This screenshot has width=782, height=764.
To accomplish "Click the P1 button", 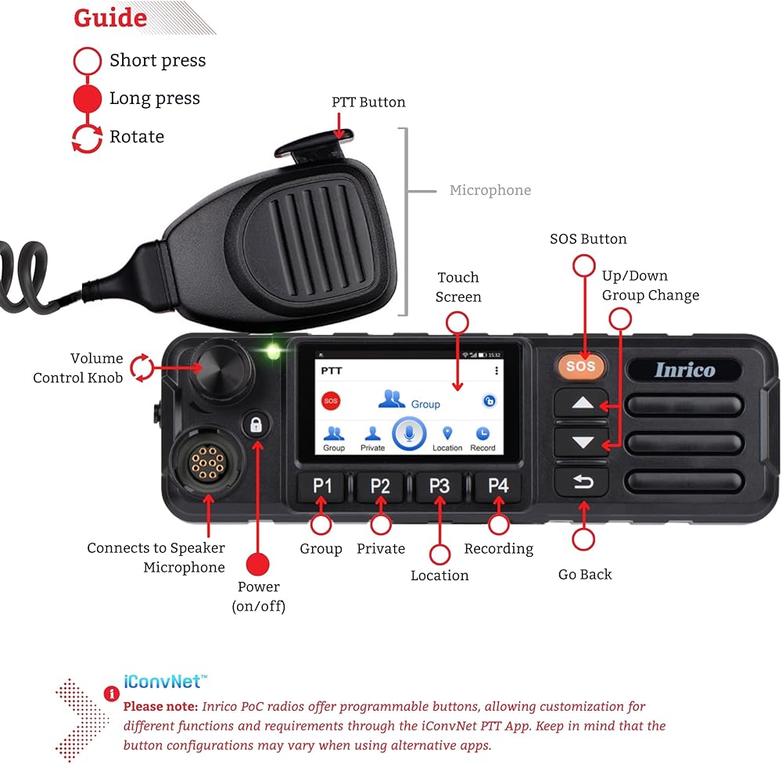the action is (322, 486).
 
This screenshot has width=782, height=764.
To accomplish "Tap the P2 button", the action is (380, 486).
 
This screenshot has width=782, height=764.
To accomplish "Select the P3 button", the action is (439, 486).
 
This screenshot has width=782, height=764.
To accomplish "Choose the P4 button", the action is (498, 486).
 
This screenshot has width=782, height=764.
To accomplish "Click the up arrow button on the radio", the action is (582, 404).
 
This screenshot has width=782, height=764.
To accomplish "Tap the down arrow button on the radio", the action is (582, 443).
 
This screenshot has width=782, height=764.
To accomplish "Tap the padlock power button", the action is (256, 425).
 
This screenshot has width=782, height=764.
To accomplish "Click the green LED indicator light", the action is (273, 351).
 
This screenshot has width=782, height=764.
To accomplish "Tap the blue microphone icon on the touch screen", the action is (408, 433).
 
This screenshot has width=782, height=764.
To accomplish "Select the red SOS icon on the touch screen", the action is (332, 401).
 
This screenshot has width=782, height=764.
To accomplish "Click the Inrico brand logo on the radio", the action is (684, 370).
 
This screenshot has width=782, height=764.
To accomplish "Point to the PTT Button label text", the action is (368, 102).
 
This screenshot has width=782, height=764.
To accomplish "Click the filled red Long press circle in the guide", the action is (87, 99).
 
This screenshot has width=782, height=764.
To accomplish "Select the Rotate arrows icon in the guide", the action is (87, 137).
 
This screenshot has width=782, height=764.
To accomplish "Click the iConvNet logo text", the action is (166, 680).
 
